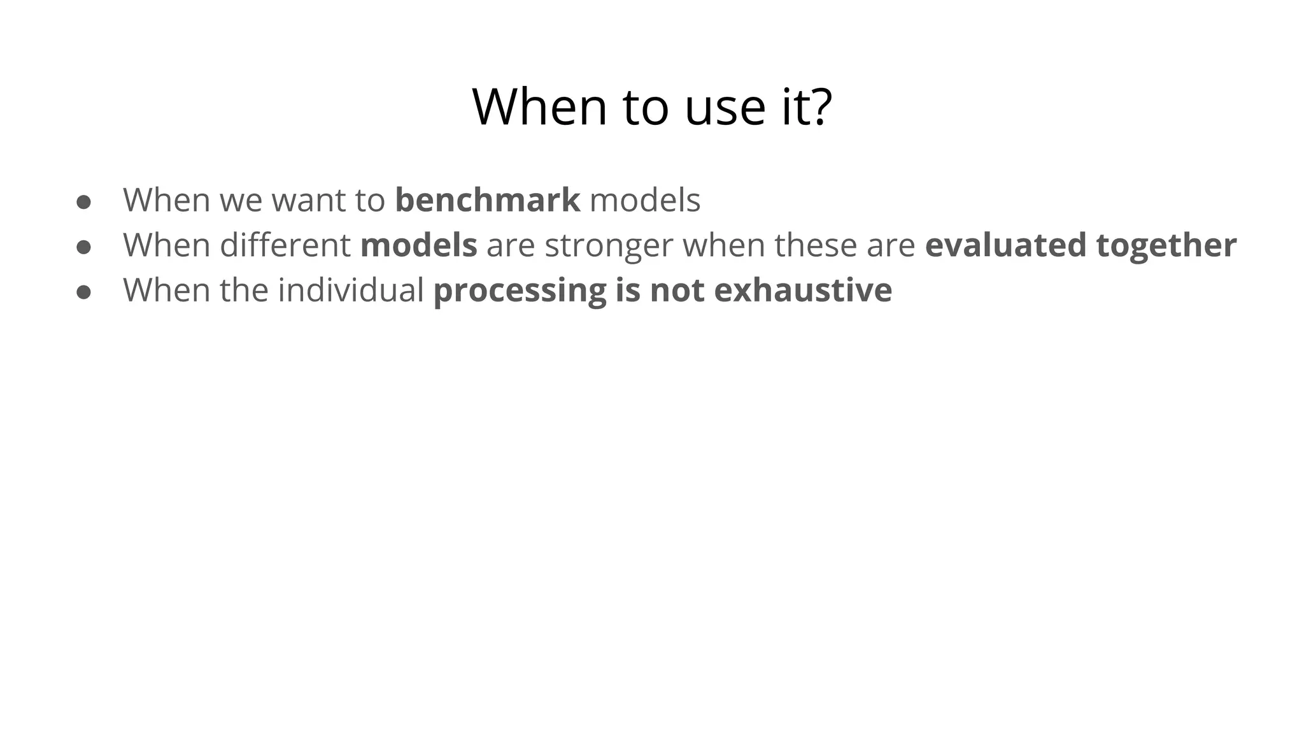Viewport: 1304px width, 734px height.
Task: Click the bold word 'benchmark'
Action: tap(487, 200)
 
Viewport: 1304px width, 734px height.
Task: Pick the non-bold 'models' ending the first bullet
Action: tap(645, 200)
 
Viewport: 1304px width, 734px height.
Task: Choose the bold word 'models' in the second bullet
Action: tap(418, 245)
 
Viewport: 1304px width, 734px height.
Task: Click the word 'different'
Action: tap(285, 245)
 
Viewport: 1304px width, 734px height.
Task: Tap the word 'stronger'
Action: tap(609, 247)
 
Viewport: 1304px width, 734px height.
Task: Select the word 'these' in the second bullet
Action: tap(816, 245)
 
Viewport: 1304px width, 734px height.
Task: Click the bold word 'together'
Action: tap(1166, 247)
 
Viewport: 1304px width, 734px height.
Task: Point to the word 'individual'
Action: tap(351, 291)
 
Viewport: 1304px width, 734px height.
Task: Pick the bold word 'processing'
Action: tap(520, 292)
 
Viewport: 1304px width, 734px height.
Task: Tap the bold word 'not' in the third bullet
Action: tap(677, 291)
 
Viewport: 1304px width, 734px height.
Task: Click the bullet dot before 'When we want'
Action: tap(83, 203)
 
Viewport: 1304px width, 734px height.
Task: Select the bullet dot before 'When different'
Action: tap(83, 247)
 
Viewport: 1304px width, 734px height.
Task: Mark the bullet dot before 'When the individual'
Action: tap(83, 292)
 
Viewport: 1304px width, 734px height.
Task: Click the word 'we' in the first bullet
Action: tap(241, 201)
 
